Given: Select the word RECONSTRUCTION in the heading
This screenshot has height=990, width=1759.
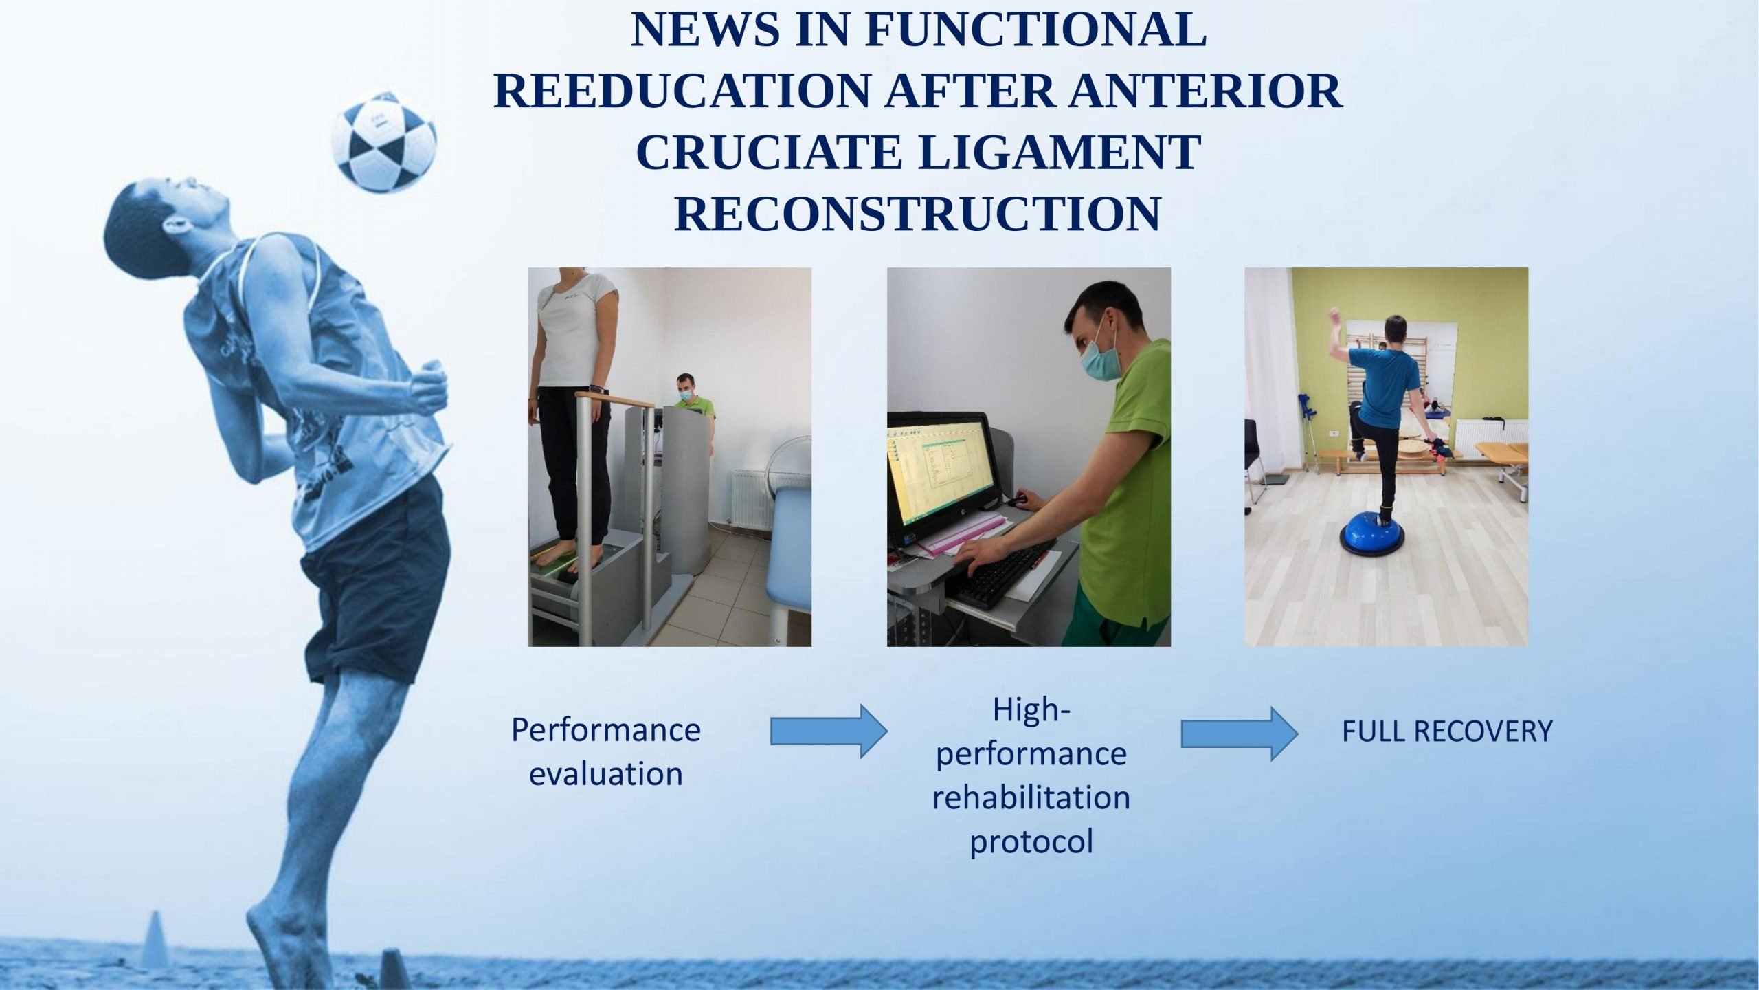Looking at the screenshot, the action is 918,214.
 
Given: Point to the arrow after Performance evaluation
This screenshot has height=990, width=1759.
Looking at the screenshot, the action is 829,733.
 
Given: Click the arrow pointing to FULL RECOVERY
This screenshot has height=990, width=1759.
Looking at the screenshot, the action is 1240,734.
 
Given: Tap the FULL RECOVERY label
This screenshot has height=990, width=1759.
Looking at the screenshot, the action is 1447,731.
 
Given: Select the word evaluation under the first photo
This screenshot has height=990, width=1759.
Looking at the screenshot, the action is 605,774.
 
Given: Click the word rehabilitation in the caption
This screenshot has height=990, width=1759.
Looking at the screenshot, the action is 1031,797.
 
